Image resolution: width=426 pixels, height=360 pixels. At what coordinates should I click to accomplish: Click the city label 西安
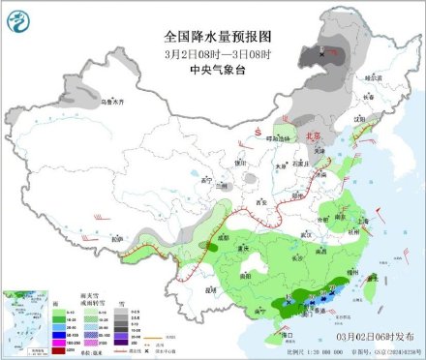pyautogui.click(x=261, y=202)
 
